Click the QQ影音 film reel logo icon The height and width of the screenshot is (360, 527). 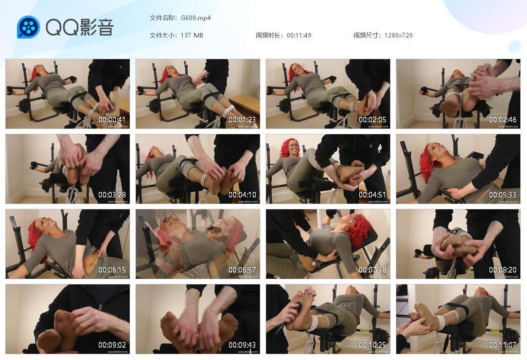click(28, 27)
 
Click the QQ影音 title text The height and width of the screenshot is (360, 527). click(79, 27)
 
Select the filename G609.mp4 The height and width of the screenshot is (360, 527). click(196, 18)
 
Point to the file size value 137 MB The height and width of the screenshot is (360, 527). click(192, 35)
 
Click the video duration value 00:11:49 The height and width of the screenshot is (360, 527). click(299, 35)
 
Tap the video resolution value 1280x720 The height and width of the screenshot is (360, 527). click(398, 35)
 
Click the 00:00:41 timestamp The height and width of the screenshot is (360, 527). click(112, 120)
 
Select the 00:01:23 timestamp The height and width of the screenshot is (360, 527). click(242, 120)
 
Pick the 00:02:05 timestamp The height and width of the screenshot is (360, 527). click(373, 120)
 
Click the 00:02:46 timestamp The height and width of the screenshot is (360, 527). click(503, 120)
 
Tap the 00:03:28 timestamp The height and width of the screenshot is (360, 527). click(112, 195)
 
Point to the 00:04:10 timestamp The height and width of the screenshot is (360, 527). click(242, 195)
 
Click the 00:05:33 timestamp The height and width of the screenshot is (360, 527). click(503, 195)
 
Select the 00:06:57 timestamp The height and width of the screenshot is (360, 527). click(242, 270)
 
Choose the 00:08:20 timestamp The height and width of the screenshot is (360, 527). click(503, 270)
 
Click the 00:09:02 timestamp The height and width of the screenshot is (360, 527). click(112, 345)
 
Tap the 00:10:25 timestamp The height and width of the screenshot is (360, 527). click(373, 345)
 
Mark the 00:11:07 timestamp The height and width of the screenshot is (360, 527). click(503, 345)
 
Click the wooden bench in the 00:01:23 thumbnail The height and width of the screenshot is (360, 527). click(244, 103)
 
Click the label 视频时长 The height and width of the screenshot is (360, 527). click(269, 35)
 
